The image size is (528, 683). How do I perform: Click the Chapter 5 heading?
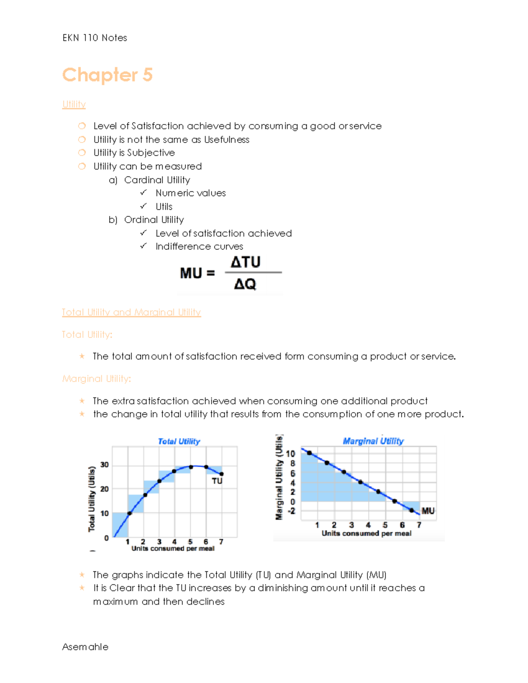(x=107, y=75)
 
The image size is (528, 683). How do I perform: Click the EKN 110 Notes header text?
(x=95, y=38)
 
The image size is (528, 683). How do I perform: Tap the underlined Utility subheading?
(x=74, y=104)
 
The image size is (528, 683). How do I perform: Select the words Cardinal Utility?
(x=157, y=180)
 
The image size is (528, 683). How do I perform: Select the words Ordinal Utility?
(x=154, y=219)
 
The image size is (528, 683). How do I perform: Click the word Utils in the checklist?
(x=164, y=207)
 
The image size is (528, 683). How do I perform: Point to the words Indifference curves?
(x=199, y=246)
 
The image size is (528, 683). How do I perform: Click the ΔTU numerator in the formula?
(x=246, y=262)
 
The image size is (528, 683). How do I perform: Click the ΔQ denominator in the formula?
(x=245, y=284)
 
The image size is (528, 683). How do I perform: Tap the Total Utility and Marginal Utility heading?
(x=131, y=312)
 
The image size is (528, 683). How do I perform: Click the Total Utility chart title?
(x=179, y=441)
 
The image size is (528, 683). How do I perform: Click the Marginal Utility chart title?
(x=373, y=441)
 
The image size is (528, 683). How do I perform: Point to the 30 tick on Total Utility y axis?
(x=104, y=465)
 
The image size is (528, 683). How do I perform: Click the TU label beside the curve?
(x=217, y=481)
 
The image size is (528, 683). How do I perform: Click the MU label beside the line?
(x=428, y=511)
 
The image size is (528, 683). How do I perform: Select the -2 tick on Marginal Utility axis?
(x=291, y=511)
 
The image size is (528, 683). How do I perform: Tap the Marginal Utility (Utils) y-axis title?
(x=279, y=477)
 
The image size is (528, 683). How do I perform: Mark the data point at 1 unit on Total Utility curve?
(x=129, y=513)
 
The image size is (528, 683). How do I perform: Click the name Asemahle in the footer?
(x=85, y=647)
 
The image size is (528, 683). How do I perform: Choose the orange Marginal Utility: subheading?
(x=96, y=379)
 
